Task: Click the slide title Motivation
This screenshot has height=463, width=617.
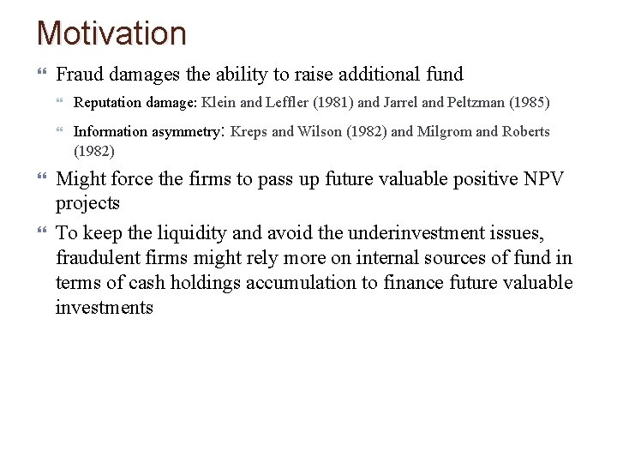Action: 111,33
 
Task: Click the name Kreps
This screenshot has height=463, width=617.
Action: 249,132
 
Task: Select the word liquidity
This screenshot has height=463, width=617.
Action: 199,233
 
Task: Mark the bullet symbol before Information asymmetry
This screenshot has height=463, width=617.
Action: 61,132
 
